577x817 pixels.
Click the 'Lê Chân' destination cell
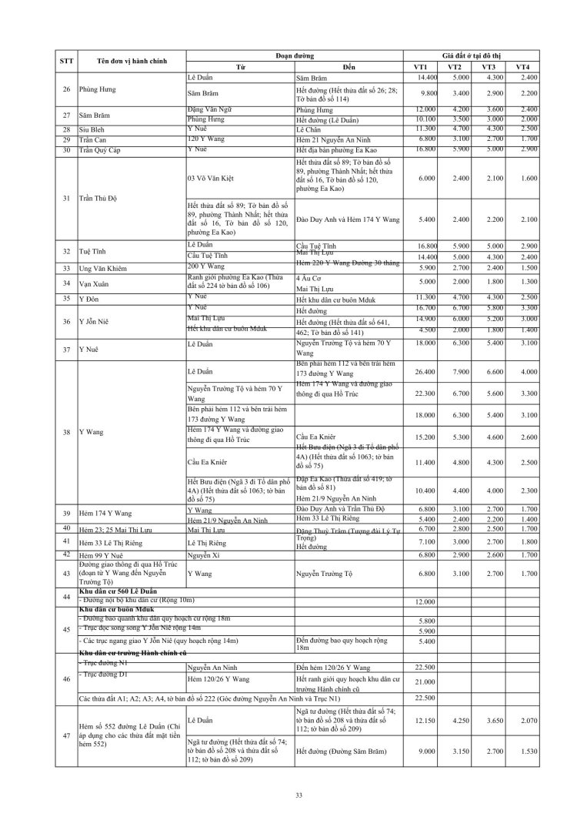point(309,129)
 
